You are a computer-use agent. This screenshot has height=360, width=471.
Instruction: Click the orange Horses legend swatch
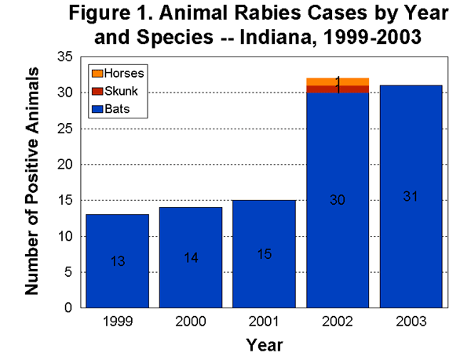coord(97,73)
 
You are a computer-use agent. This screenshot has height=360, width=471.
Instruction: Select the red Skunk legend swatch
coord(97,88)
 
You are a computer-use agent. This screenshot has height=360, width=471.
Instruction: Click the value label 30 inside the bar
coord(338,201)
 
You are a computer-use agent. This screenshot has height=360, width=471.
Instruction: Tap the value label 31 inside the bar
coord(411,195)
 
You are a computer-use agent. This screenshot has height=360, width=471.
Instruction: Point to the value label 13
coord(118,261)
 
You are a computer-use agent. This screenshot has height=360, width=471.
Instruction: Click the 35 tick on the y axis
coord(64,57)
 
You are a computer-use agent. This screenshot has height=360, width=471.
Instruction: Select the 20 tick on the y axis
coord(64,165)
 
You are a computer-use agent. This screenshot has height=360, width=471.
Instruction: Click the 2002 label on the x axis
coord(338,322)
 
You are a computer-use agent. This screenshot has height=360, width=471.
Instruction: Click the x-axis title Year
coord(265,344)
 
